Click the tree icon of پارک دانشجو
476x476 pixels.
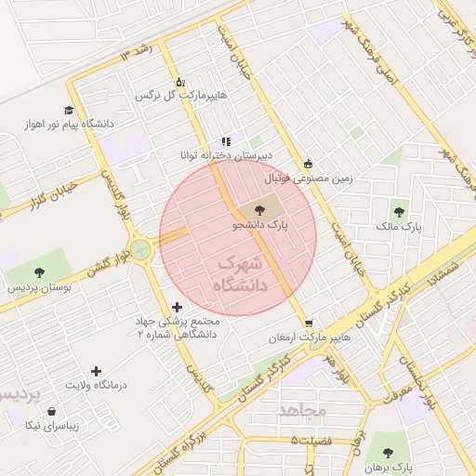(x=258, y=211)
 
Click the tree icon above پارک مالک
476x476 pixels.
(x=401, y=212)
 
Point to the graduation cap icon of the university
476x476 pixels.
(x=69, y=110)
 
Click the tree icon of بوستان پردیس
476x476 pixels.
(x=39, y=272)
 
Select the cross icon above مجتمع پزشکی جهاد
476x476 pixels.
(x=177, y=307)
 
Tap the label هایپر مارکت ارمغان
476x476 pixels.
(x=309, y=337)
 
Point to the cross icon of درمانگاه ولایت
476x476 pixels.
(x=96, y=371)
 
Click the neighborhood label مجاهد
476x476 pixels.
(x=302, y=409)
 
